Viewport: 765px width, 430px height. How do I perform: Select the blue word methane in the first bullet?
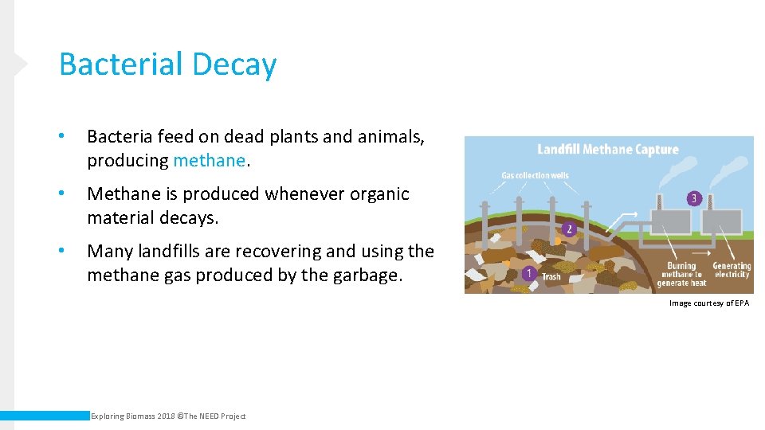209,160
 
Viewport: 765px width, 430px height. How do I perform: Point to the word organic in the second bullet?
379,193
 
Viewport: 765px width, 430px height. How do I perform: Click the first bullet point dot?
62,137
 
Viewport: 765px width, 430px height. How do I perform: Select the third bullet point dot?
62,252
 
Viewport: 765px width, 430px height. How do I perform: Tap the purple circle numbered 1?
528,274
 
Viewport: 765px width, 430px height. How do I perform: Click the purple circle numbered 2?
568,229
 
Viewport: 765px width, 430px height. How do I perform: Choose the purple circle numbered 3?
694,198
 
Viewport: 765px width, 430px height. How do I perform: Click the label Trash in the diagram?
551,277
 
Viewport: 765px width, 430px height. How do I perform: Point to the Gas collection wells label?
535,175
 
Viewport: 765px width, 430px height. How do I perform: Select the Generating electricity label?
732,270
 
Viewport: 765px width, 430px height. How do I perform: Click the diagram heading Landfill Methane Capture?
608,149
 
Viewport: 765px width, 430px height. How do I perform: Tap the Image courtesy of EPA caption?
708,303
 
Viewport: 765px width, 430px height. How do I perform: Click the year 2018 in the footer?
165,416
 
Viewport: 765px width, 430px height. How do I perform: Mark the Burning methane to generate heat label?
681,274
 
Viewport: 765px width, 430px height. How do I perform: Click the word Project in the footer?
233,416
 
